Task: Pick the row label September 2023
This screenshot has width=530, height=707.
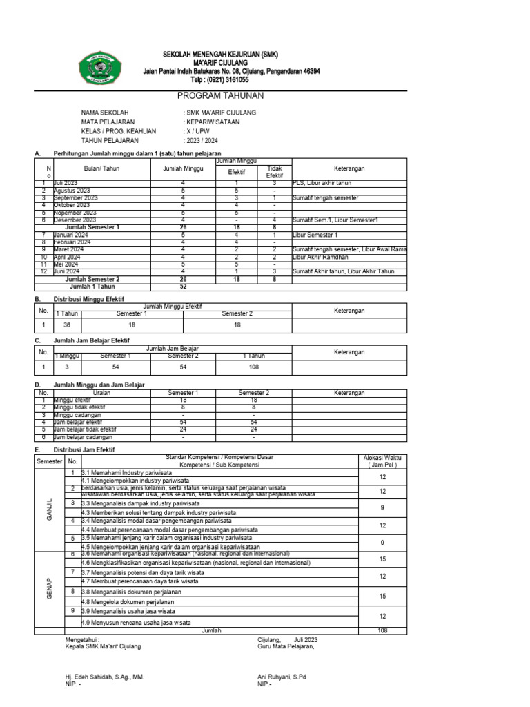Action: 75,197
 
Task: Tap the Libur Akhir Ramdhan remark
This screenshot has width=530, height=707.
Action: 320,256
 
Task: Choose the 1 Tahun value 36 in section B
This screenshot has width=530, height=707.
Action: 68,325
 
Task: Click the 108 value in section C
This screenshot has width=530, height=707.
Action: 255,368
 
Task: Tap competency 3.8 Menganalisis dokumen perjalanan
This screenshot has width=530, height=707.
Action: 131,592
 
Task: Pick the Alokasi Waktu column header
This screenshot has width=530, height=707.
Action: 382,461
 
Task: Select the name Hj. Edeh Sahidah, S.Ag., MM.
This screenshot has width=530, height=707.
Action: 104,677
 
